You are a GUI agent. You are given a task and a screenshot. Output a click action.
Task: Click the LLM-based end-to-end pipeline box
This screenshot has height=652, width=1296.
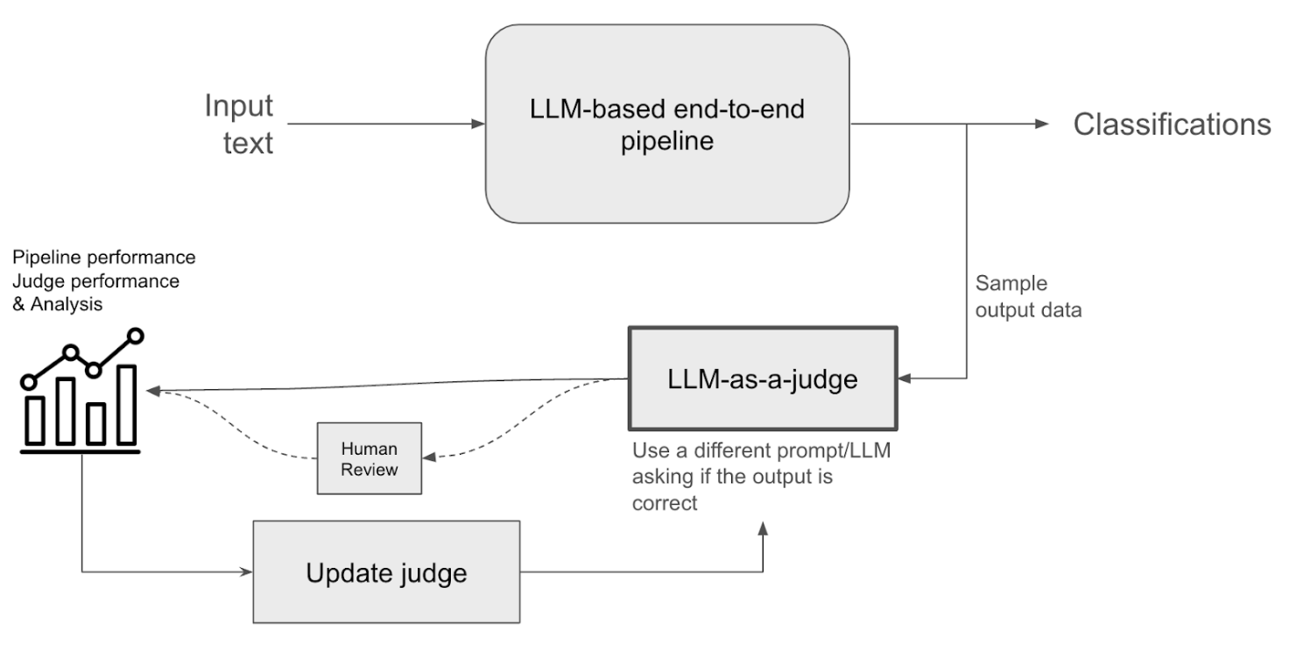667,124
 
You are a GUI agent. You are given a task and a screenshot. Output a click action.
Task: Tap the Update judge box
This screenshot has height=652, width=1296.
386,573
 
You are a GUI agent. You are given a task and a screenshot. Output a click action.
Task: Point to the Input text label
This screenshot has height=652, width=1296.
238,124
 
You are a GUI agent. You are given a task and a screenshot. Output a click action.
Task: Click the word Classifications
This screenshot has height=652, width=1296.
1173,124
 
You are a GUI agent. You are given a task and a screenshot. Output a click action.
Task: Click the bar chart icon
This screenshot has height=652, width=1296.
81,394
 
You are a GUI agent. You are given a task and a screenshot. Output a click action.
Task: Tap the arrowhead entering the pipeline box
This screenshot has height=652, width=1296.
478,124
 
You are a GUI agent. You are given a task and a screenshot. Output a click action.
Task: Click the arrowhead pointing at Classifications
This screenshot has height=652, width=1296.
1041,124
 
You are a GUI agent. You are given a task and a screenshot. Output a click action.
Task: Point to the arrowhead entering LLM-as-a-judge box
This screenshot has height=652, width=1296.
905,379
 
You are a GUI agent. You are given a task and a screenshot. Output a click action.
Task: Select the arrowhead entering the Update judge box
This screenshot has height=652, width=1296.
246,573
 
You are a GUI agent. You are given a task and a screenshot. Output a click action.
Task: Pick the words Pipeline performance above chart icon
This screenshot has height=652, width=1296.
103,259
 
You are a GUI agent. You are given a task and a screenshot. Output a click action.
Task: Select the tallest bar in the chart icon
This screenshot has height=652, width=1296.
126,405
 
